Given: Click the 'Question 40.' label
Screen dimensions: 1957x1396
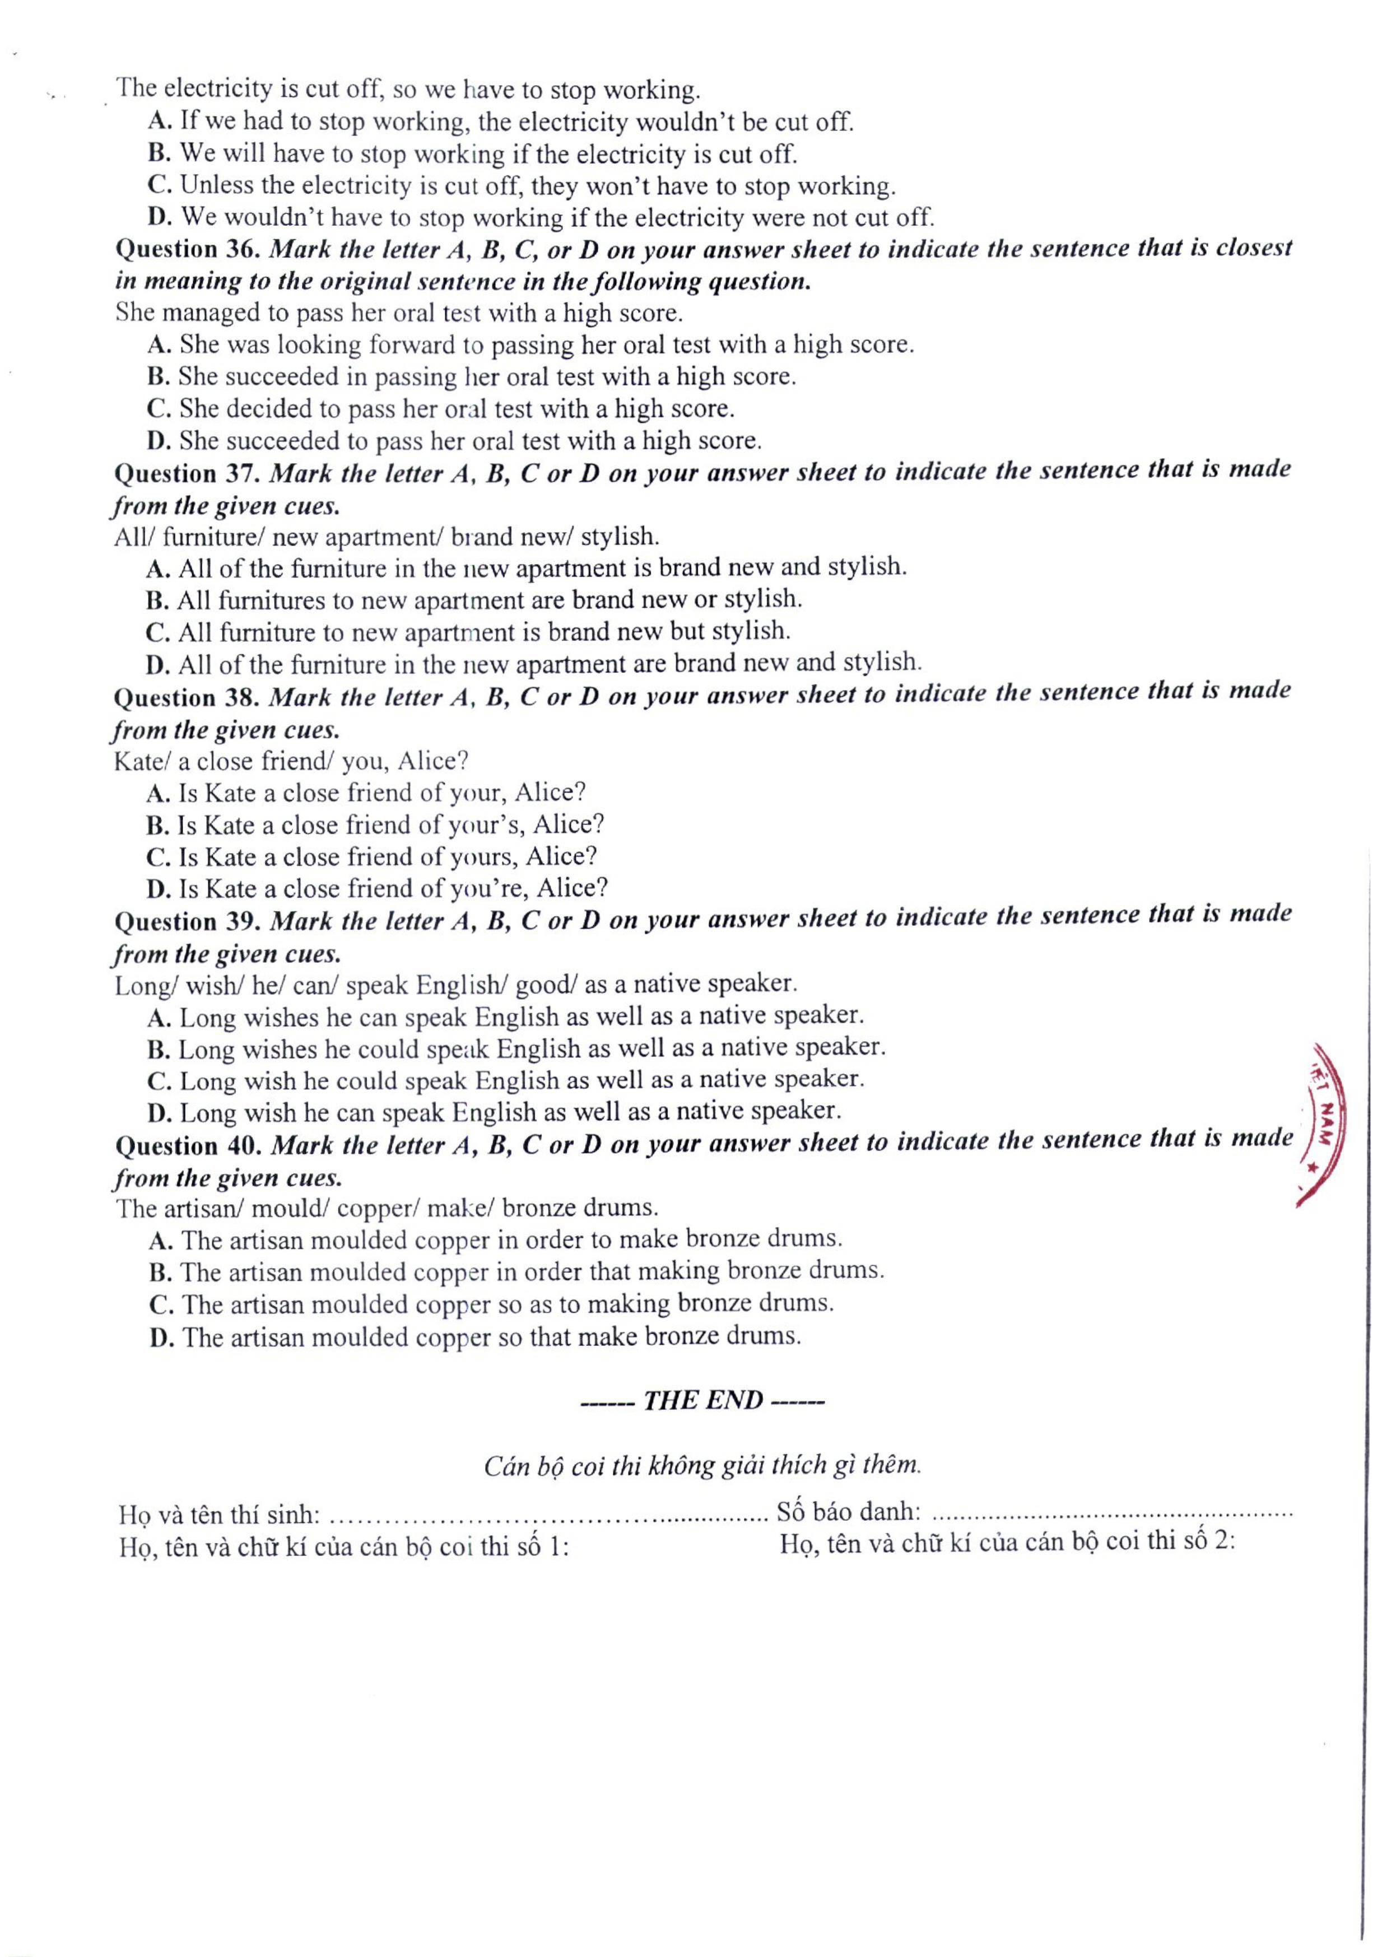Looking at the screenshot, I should pos(188,1145).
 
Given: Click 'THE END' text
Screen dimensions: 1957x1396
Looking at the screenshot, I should pos(702,1400).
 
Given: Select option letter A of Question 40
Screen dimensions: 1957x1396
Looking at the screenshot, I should pos(158,1240).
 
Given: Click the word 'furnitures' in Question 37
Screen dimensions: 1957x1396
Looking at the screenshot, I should pos(269,600).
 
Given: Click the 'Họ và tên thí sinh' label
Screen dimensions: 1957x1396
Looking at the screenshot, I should pos(220,1513).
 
